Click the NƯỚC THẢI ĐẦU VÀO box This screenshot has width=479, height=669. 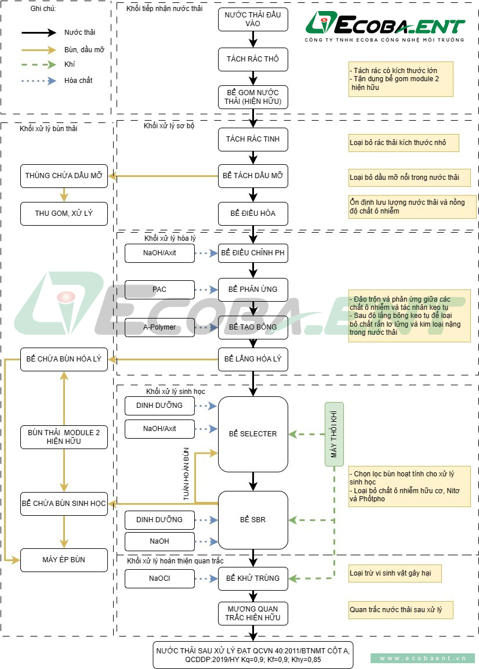[253, 19]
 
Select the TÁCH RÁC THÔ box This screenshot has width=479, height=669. [253, 59]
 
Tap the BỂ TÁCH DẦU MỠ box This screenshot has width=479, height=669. [253, 176]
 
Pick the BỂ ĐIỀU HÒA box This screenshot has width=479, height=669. [253, 213]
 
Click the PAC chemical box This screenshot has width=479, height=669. [159, 289]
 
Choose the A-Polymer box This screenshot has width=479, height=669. [159, 327]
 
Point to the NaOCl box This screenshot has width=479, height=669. [159, 578]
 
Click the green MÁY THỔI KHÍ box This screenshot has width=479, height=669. [334, 434]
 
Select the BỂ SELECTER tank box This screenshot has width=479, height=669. [253, 434]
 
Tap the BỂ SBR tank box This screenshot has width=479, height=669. [253, 519]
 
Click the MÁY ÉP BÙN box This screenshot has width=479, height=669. [64, 560]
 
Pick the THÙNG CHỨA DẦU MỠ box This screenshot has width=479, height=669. [64, 176]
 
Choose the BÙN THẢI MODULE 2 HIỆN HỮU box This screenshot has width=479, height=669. [64, 437]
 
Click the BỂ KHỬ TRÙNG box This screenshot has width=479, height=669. [253, 578]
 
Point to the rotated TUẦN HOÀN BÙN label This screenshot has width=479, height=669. [186, 474]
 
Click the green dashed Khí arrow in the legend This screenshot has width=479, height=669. [39, 65]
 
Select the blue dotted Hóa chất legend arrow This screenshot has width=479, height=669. [39, 81]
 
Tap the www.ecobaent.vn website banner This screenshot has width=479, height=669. [423, 659]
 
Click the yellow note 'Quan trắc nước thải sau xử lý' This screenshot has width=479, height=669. [400, 610]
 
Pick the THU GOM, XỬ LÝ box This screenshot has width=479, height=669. [64, 213]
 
